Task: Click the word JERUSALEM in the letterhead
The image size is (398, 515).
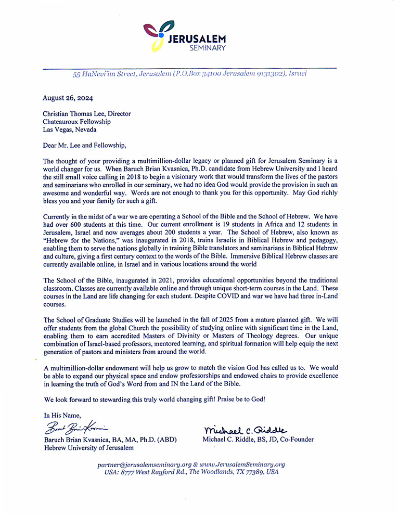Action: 197,38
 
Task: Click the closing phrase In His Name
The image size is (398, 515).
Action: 62,415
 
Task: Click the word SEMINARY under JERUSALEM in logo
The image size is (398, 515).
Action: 207,48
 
